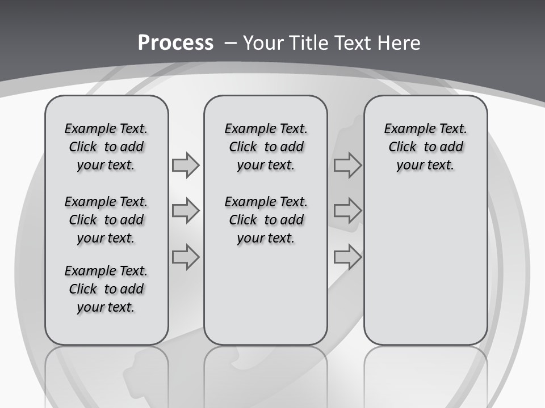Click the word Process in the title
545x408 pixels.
[175, 43]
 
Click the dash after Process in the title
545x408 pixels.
[230, 44]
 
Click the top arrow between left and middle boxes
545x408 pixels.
[186, 165]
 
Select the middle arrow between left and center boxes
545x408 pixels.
[186, 211]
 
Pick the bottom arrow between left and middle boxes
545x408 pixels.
[186, 257]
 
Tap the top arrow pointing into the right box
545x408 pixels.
[347, 165]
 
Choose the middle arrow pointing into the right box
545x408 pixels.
[347, 211]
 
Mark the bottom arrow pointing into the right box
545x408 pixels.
[347, 257]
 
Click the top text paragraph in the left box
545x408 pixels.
[106, 147]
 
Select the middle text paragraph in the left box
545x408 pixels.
[106, 220]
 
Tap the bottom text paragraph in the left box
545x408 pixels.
[106, 289]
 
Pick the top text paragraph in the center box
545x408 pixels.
[266, 147]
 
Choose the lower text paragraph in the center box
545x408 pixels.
[266, 220]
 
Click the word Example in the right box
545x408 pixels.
[406, 129]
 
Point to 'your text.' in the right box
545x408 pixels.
[425, 165]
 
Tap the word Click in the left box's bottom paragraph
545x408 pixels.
[83, 289]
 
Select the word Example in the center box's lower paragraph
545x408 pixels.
[246, 202]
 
